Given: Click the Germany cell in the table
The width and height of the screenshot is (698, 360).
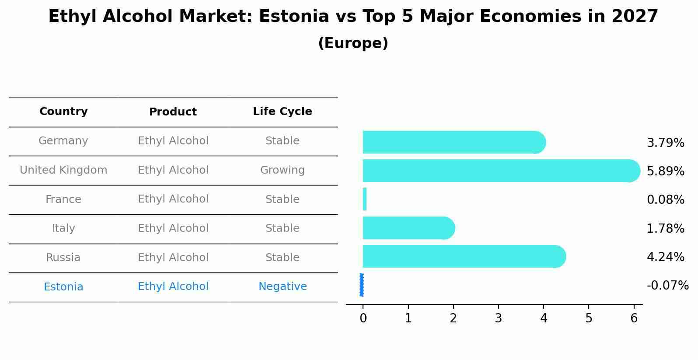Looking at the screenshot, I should pyautogui.click(x=63, y=141).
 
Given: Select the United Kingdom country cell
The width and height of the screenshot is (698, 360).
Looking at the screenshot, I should pyautogui.click(x=63, y=170).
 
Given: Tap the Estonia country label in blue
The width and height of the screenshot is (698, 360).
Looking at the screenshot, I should pyautogui.click(x=63, y=287).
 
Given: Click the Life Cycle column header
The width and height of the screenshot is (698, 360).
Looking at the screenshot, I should pyautogui.click(x=282, y=112).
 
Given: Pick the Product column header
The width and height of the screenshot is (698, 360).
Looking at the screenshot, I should pyautogui.click(x=173, y=112).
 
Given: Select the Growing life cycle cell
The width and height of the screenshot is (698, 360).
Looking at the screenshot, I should pyautogui.click(x=282, y=170).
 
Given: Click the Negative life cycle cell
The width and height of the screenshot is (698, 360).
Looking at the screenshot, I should pyautogui.click(x=282, y=287).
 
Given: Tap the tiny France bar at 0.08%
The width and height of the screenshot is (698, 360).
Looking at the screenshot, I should pyautogui.click(x=365, y=199).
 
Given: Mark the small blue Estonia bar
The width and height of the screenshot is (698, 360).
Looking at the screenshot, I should pyautogui.click(x=362, y=285).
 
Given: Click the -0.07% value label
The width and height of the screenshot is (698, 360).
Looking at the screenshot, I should pyautogui.click(x=667, y=286).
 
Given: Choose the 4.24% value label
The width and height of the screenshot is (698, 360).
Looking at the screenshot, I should pyautogui.click(x=665, y=257).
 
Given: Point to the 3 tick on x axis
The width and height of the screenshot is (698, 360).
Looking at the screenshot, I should pyautogui.click(x=499, y=318).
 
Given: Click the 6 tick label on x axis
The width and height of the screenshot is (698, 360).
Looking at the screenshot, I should pyautogui.click(x=634, y=318).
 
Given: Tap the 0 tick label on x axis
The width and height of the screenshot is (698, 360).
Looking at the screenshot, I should pyautogui.click(x=363, y=318).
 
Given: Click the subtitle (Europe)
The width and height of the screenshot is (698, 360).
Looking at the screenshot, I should pyautogui.click(x=353, y=43).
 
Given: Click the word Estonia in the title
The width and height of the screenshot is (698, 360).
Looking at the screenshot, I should pyautogui.click(x=293, y=17).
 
